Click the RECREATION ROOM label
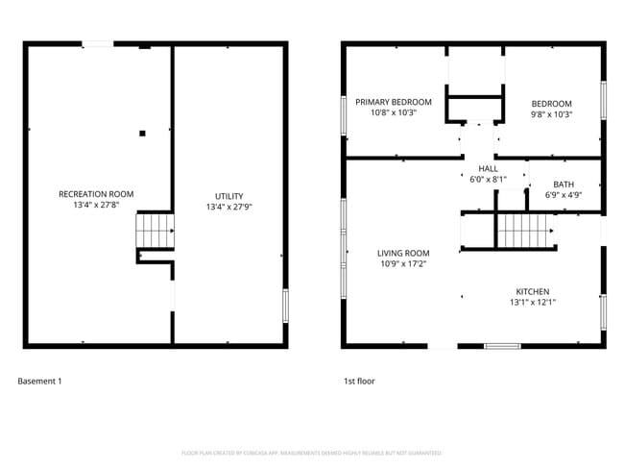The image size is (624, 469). tap(96, 194)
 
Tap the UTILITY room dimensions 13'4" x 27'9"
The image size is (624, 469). tap(228, 207)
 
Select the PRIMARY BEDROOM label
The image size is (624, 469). tap(394, 102)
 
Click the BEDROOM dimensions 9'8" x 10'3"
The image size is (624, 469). tap(551, 114)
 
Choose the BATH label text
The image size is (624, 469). tap(564, 184)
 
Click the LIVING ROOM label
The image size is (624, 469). tap(402, 254)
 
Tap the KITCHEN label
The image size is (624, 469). tap(533, 291)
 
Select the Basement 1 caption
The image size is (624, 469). tap(39, 382)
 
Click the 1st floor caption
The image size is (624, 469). tap(359, 382)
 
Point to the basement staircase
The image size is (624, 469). tap(155, 232)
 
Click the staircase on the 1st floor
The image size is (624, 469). tap(525, 231)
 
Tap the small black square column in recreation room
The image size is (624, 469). tap(141, 134)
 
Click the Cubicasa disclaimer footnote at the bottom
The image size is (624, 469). tap(311, 453)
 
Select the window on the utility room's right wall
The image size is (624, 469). tap(285, 307)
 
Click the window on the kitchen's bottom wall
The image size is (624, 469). tap(502, 345)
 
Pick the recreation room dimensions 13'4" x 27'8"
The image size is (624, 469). tap(96, 206)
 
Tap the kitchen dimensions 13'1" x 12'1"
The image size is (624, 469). tap(533, 303)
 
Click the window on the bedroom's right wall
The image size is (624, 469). tap(604, 101)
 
